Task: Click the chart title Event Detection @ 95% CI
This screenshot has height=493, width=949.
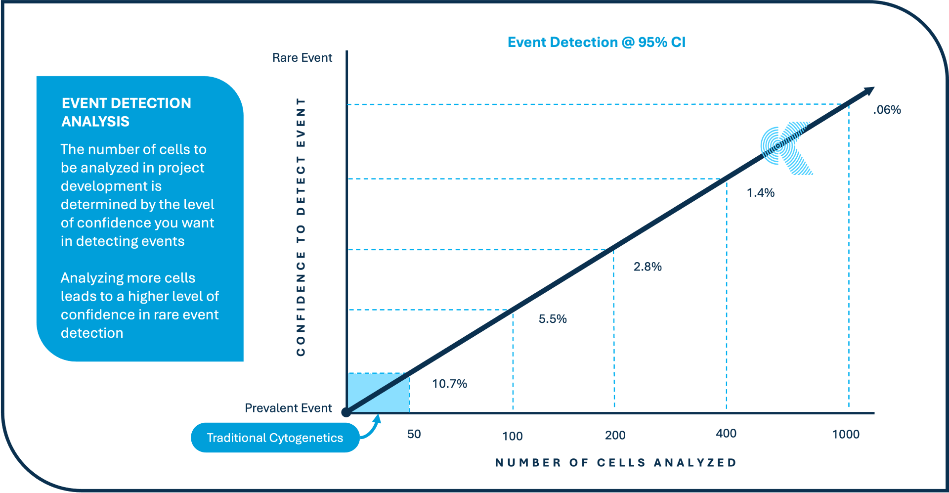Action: pyautogui.click(x=596, y=43)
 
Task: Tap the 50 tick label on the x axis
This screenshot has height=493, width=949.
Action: pyautogui.click(x=414, y=434)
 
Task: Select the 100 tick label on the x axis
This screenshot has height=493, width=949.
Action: pyautogui.click(x=512, y=436)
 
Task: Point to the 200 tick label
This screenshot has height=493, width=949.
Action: pyautogui.click(x=615, y=435)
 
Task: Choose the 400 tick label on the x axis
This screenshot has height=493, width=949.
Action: pyautogui.click(x=726, y=434)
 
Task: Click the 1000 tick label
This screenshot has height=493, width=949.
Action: pyautogui.click(x=845, y=434)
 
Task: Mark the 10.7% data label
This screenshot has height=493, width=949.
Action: pyautogui.click(x=449, y=384)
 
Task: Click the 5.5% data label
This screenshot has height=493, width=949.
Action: pyautogui.click(x=552, y=319)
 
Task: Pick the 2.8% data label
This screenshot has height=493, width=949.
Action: pyautogui.click(x=647, y=267)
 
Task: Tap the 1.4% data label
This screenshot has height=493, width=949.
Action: pyautogui.click(x=760, y=193)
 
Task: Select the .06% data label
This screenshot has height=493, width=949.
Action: pyautogui.click(x=887, y=110)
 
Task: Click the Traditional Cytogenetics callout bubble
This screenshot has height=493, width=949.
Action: pyautogui.click(x=275, y=438)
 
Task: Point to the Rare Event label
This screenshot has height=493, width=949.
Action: pyautogui.click(x=302, y=58)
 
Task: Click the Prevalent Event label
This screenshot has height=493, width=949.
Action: pyautogui.click(x=288, y=408)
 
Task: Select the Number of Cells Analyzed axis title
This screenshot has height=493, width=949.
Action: pyautogui.click(x=616, y=463)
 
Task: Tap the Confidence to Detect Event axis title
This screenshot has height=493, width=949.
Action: pyautogui.click(x=301, y=226)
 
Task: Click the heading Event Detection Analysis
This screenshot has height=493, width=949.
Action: pyautogui.click(x=126, y=112)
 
